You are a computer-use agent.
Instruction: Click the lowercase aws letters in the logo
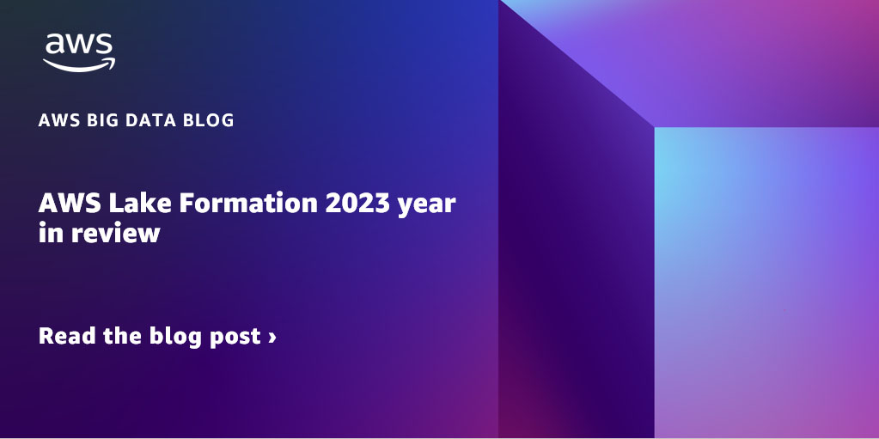coord(79,46)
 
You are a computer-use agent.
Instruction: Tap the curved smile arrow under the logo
coord(79,64)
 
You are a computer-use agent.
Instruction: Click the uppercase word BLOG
coord(207,120)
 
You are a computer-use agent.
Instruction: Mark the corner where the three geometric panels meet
coord(654,127)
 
